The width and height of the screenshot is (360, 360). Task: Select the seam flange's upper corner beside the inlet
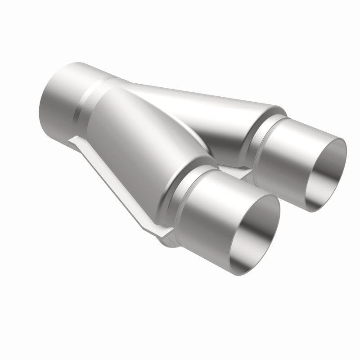tap(74, 142)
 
